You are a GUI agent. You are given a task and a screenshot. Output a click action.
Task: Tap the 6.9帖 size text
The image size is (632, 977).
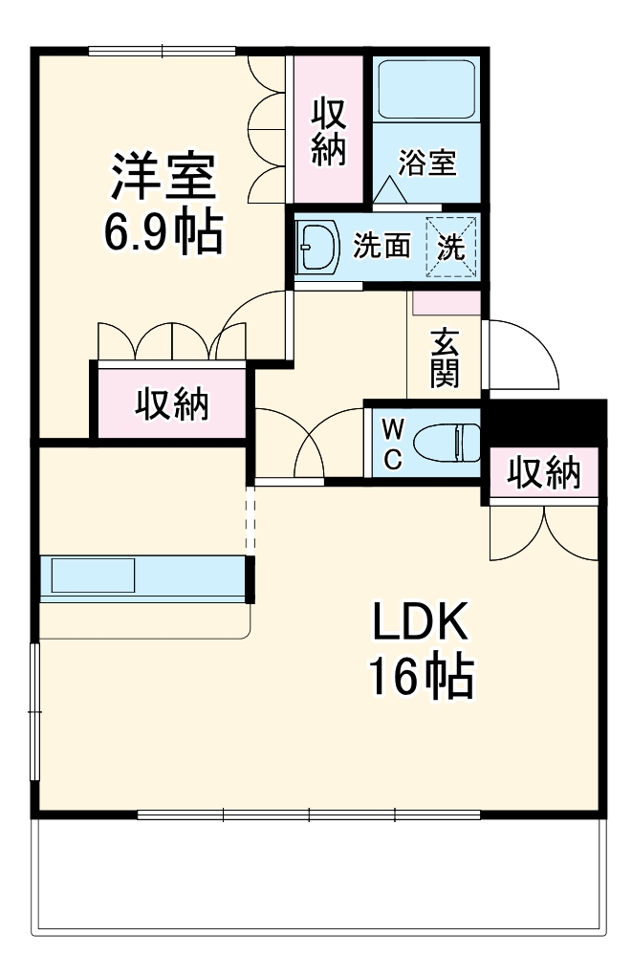pos(163,231)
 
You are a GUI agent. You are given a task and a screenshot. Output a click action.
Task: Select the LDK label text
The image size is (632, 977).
pos(419,624)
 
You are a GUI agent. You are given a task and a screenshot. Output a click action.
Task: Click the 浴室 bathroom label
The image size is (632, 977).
pos(426,163)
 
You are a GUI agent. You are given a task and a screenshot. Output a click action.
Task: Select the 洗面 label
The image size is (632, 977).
pos(381,247)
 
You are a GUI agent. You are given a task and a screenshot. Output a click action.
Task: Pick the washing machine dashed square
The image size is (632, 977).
pos(450,247)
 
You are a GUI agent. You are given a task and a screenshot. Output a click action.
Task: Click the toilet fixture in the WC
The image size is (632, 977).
pos(457,442)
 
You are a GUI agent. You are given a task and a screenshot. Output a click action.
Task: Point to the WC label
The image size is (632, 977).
pos(393,442)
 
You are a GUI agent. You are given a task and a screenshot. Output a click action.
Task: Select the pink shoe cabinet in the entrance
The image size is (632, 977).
pos(446,304)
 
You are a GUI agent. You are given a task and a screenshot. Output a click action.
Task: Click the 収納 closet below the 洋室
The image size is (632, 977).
pos(171,404)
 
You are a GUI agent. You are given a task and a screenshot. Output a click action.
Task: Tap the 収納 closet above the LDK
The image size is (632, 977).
pos(543,472)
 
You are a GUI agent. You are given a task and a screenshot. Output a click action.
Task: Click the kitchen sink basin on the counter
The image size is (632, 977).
pos(93,576)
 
